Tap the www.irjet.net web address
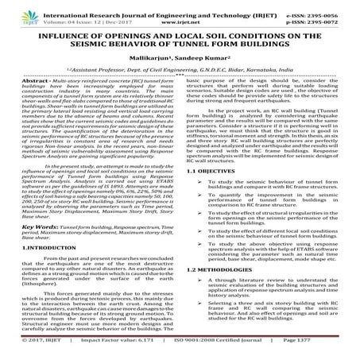pyautogui.click(x=182, y=15)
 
